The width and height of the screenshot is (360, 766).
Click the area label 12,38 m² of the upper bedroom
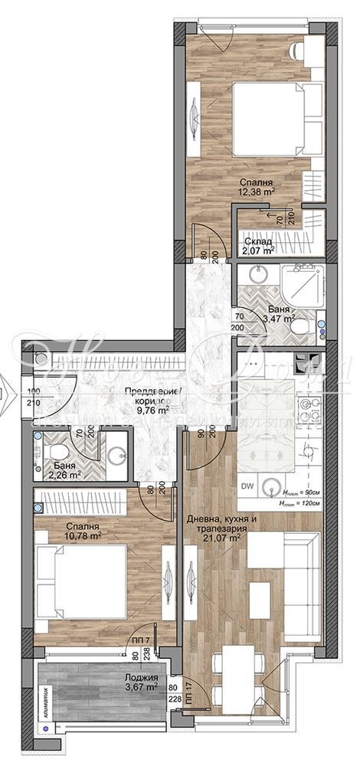tap(256, 193)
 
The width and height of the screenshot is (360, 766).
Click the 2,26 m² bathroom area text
tap(64, 474)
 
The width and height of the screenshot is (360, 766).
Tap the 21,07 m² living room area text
tap(221, 538)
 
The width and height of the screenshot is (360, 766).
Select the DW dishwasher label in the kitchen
tap(248, 485)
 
